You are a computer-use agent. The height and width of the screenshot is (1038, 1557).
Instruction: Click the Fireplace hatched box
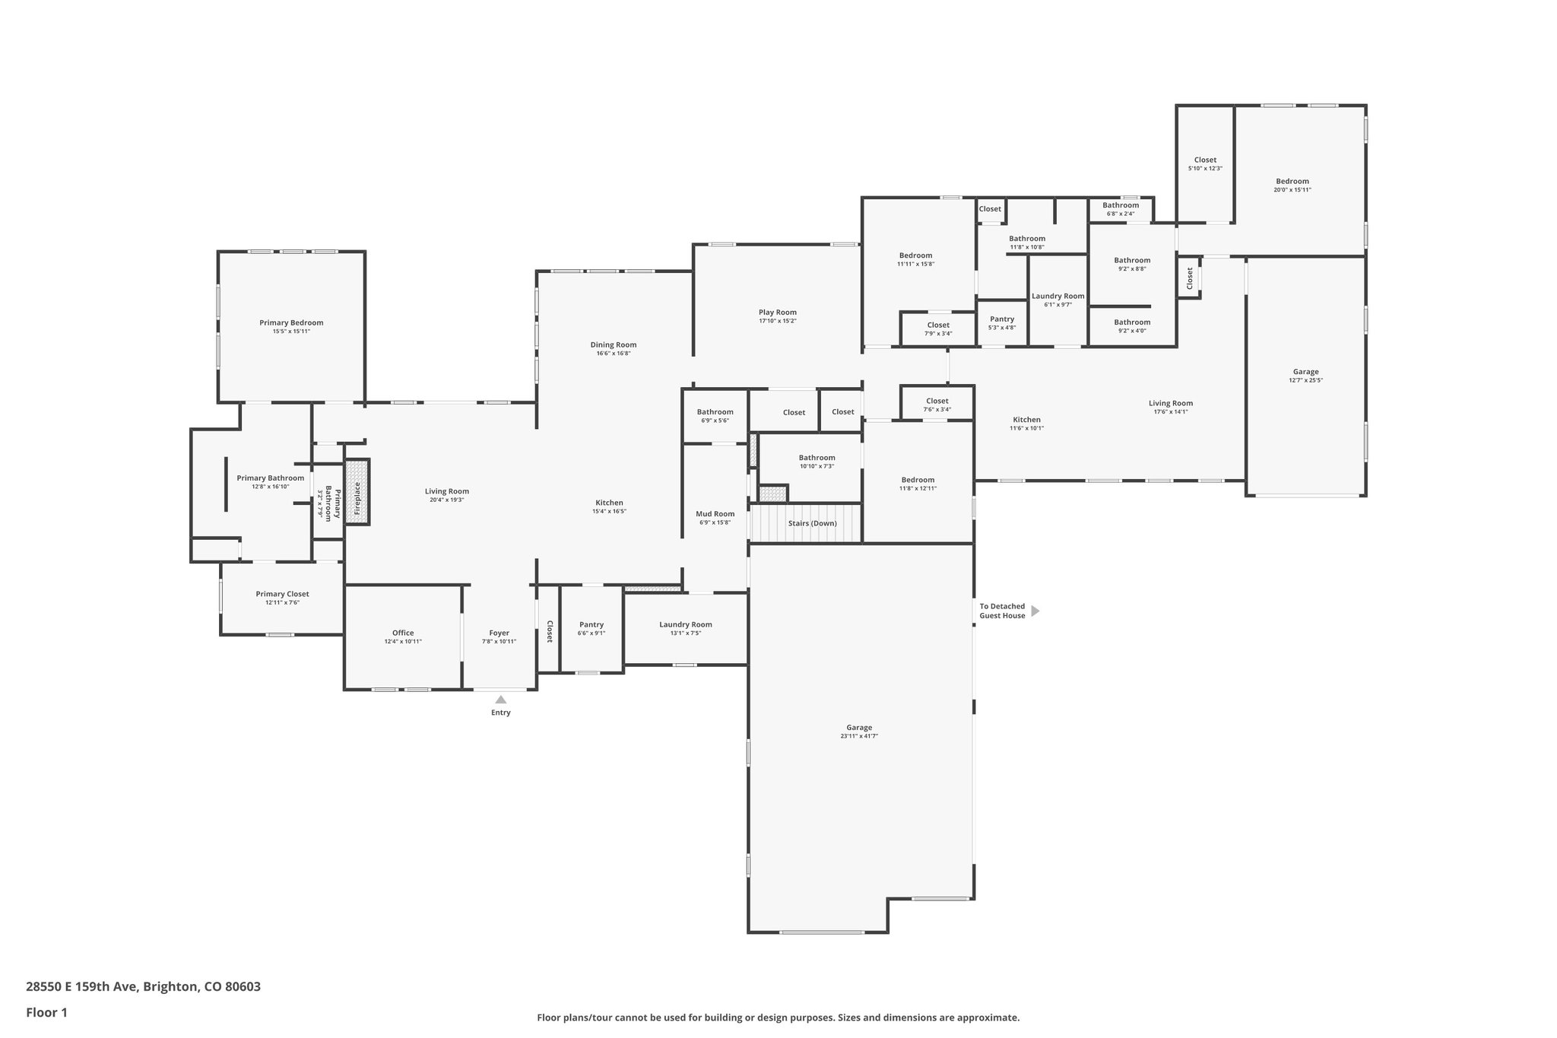357,491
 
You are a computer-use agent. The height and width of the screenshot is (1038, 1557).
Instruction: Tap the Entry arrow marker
500,700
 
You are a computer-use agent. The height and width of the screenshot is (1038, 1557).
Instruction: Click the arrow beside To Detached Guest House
1035,611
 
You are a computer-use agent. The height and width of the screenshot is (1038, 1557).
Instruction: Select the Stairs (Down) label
812,523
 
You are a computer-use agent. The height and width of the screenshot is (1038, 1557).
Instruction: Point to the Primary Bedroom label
291,322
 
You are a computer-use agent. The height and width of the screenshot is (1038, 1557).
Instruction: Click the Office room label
403,633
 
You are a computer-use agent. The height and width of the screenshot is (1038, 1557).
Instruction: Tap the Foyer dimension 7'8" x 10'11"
499,642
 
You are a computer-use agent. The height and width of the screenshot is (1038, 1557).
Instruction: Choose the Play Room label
777,312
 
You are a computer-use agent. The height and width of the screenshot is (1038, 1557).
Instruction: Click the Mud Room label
715,514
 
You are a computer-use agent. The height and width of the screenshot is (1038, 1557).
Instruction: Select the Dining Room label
613,344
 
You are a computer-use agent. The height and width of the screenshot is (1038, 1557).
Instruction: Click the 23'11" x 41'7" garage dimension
859,736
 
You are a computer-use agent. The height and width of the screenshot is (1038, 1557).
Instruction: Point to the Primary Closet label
282,594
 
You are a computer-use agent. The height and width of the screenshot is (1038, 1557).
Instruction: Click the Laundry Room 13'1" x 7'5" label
685,624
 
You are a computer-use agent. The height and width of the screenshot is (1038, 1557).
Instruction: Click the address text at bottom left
143,987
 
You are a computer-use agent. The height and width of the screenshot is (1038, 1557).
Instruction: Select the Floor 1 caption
46,1012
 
